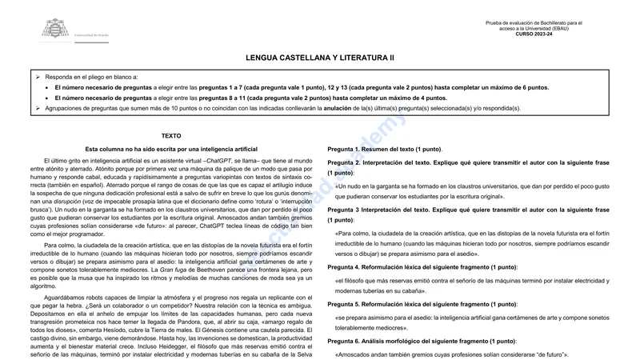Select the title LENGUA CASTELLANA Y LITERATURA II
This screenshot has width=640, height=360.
pos(320,58)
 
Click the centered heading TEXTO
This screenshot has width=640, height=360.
pos(171,136)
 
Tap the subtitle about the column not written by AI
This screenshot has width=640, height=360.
pos(171,150)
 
